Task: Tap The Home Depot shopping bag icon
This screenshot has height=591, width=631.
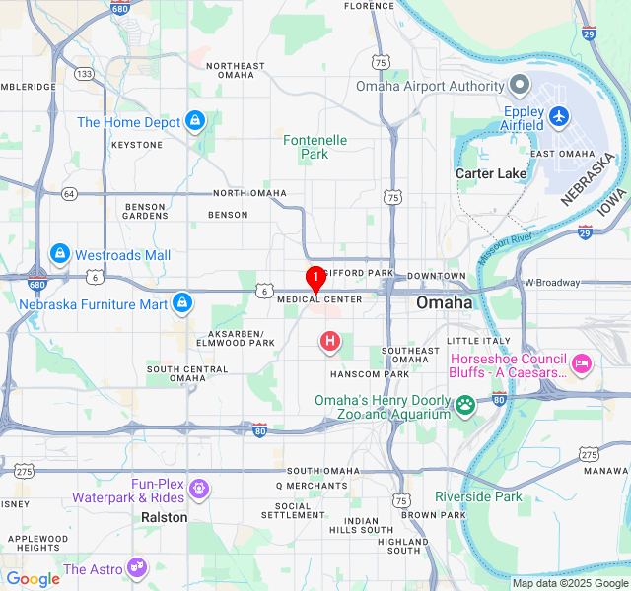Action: coord(194,121)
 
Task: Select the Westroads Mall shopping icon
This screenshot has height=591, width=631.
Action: coord(60,254)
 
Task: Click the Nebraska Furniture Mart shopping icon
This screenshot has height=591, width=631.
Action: coord(181,303)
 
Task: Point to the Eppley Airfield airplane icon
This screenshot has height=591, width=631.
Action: coord(560,116)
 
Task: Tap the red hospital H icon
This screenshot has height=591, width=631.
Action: coord(330,342)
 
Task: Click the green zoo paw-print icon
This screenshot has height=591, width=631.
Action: coord(464,404)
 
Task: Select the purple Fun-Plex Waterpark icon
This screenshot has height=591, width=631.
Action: coord(199,488)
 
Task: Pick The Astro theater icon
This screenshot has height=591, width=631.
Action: coord(137,568)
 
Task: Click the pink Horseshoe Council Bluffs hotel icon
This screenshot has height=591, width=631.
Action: coord(582,364)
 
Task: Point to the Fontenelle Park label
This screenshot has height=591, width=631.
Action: coord(315,147)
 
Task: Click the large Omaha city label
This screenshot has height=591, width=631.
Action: coord(444,302)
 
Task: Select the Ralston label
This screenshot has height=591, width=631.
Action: coord(164,517)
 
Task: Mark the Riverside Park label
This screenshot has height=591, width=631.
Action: coord(478,496)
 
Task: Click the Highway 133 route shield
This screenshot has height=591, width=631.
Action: coord(85,73)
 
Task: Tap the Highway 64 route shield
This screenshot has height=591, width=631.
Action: coord(69,193)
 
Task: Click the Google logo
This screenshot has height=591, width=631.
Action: coord(33,578)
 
